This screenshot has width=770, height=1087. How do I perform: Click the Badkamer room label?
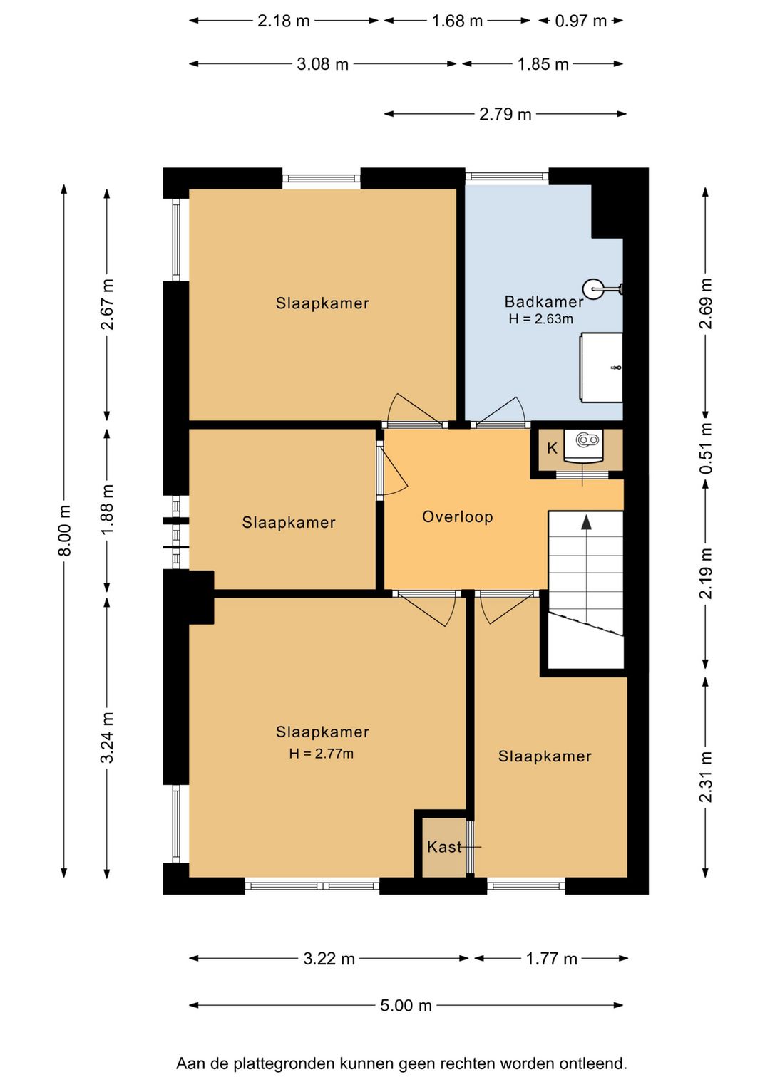543,301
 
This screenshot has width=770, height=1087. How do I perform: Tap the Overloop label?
457,516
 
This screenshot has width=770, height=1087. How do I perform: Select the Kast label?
444,847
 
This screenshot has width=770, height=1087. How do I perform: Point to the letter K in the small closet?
552,448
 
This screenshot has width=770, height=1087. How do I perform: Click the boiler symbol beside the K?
583,446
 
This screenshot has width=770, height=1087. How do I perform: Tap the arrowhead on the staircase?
587,522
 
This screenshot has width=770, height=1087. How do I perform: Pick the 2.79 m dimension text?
505,114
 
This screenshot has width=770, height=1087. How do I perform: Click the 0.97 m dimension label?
580,21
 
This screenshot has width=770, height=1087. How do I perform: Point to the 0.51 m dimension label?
705,448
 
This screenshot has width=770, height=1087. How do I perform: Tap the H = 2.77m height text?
321,754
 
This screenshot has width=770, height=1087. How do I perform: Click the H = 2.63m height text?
540,319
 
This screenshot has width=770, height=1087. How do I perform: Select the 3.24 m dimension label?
108,738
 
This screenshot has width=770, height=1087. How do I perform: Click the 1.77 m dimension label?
551,958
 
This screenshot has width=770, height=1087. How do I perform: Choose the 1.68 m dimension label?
457,21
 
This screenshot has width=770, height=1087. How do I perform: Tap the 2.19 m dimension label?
705,573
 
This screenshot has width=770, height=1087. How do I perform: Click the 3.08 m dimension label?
322,63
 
